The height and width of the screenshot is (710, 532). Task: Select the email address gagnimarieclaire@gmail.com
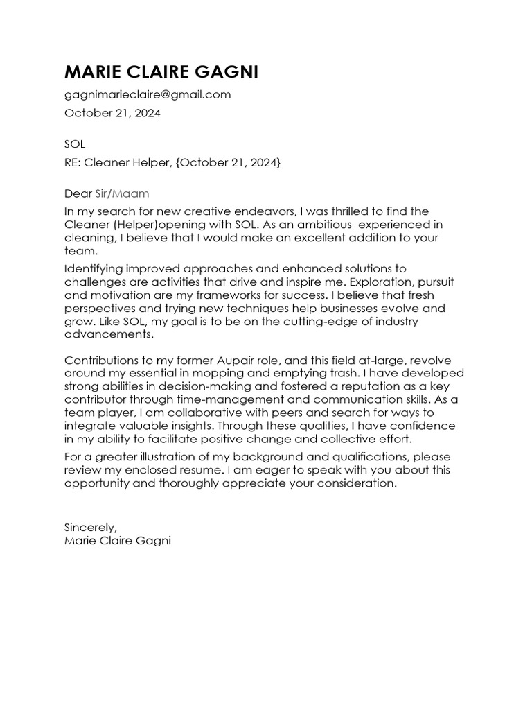147,94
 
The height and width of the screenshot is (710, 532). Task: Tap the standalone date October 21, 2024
112,113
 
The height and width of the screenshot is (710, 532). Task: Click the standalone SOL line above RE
74,144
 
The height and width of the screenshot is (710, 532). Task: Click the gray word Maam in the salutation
132,193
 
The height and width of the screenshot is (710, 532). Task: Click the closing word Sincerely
90,526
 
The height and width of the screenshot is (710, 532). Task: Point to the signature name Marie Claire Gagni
117,539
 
